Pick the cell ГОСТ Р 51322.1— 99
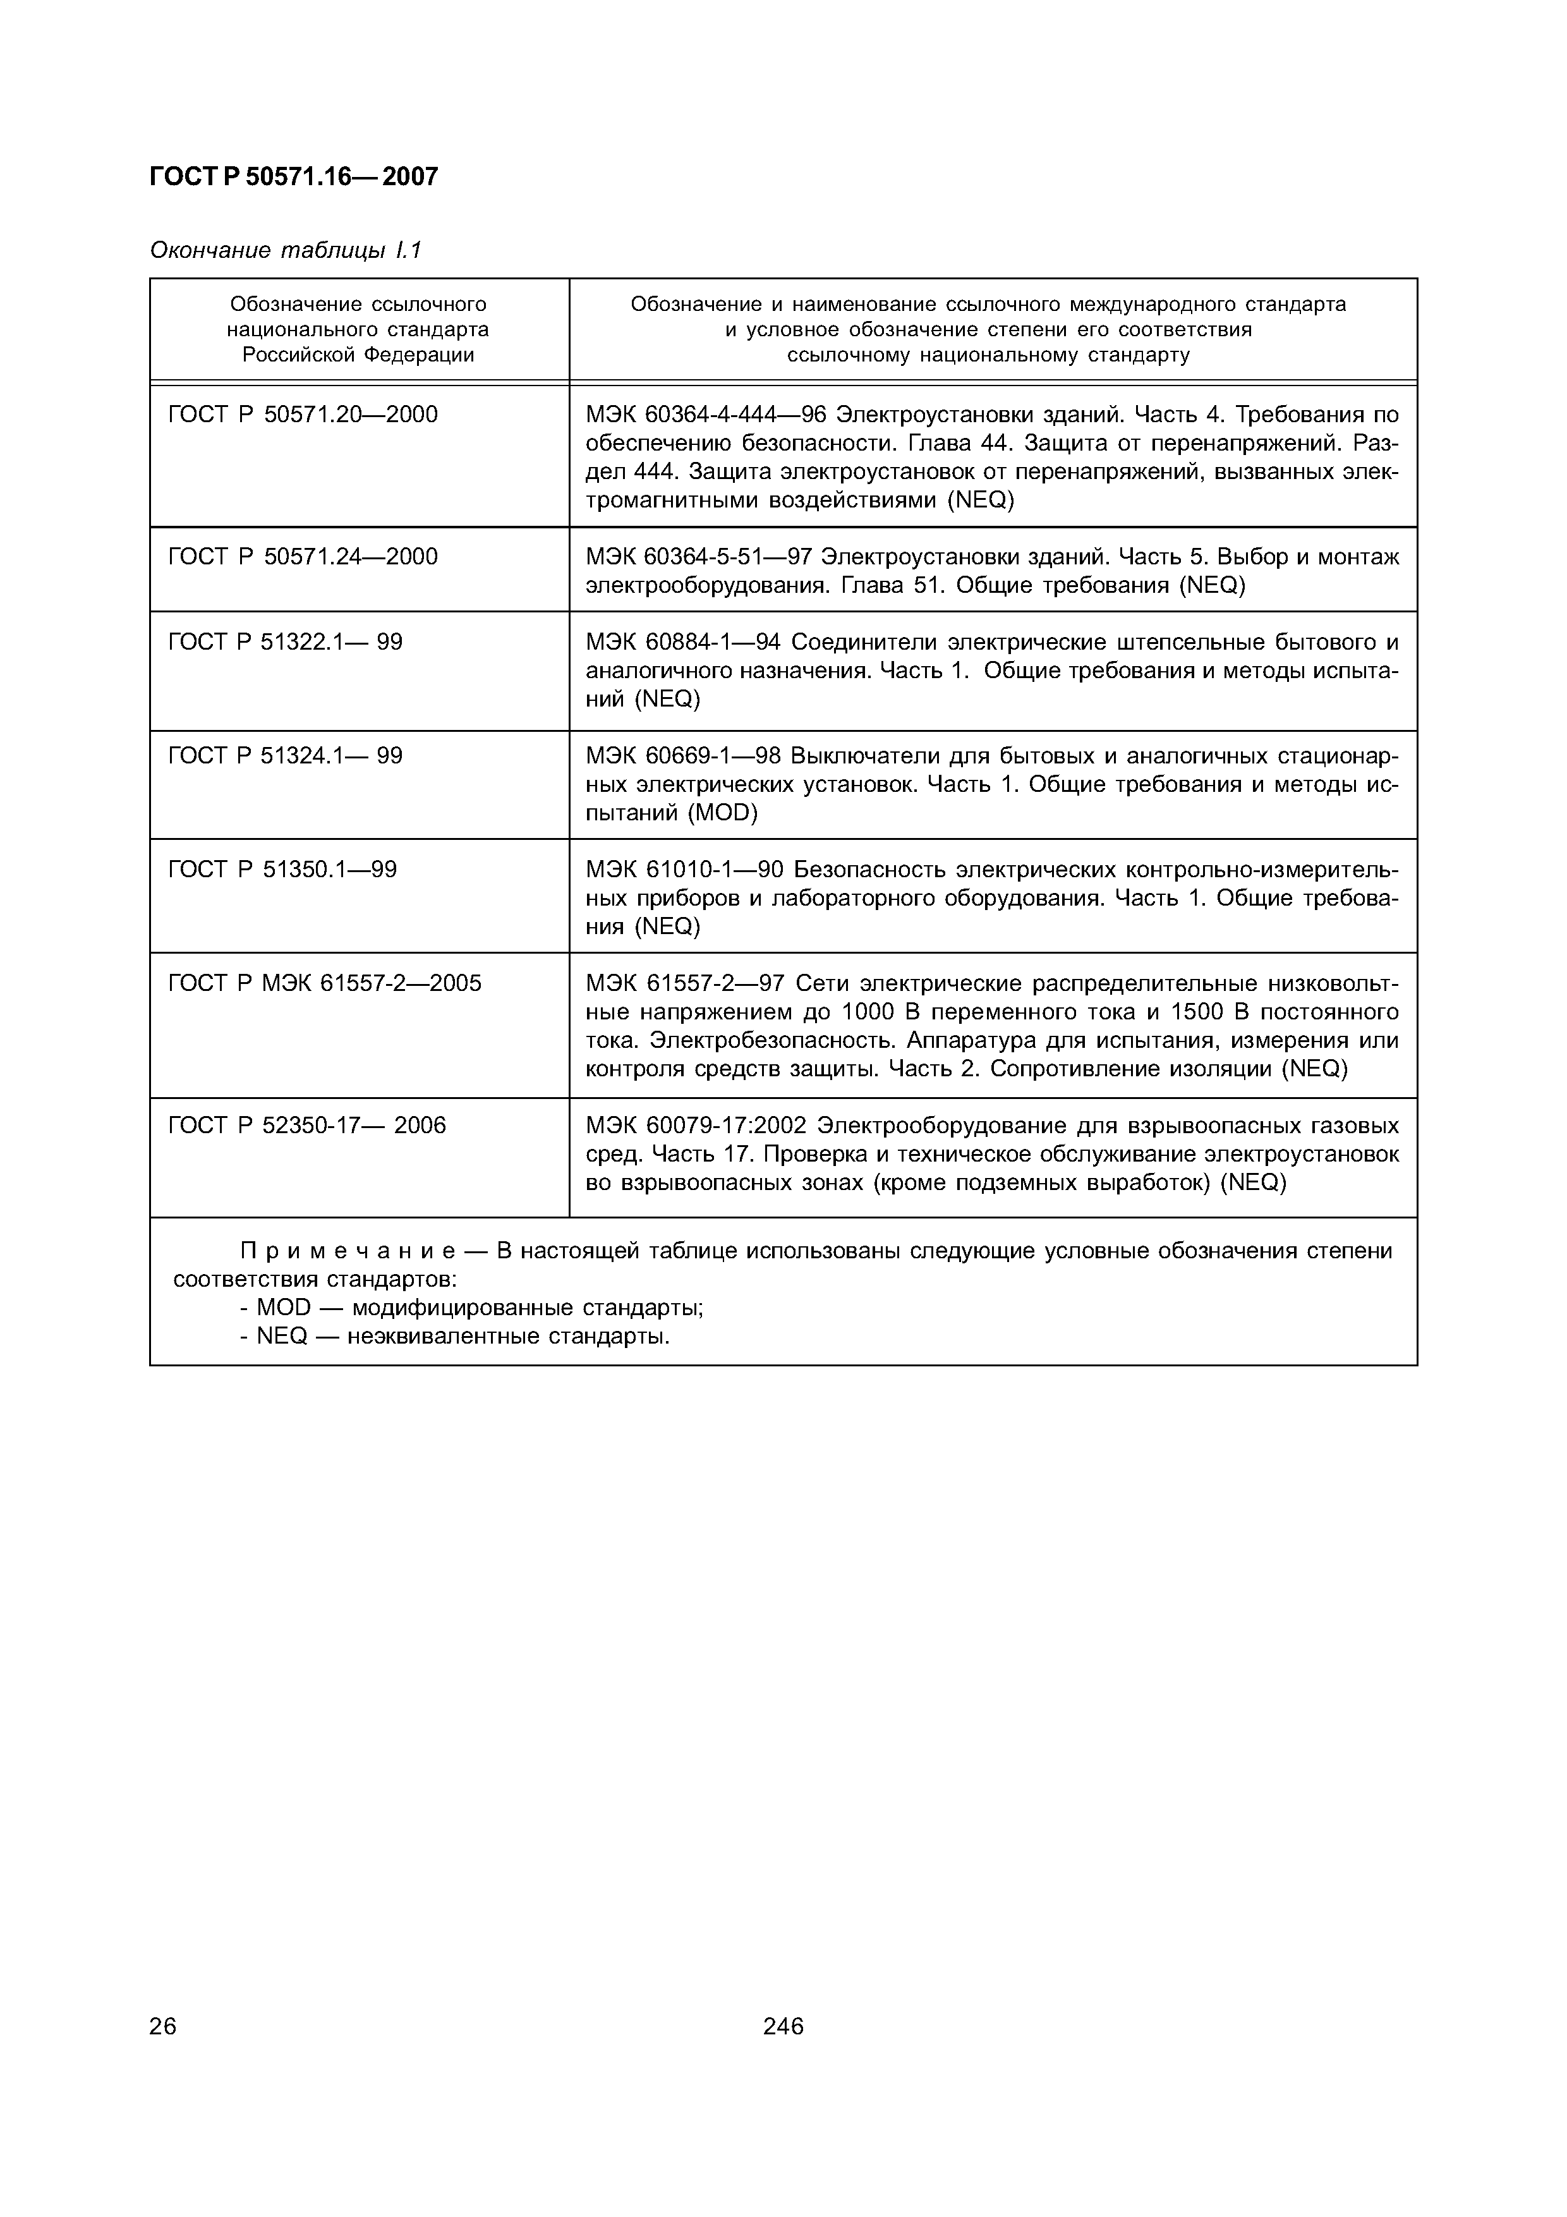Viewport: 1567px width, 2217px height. pos(285,642)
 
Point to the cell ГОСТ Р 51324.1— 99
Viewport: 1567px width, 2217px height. pos(285,755)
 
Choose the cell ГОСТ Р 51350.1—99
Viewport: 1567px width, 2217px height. pos(282,870)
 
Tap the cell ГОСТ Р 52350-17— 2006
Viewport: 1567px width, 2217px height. pos(307,1126)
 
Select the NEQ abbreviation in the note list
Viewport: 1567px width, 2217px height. pos(282,1337)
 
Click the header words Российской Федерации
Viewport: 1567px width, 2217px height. pos(358,355)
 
